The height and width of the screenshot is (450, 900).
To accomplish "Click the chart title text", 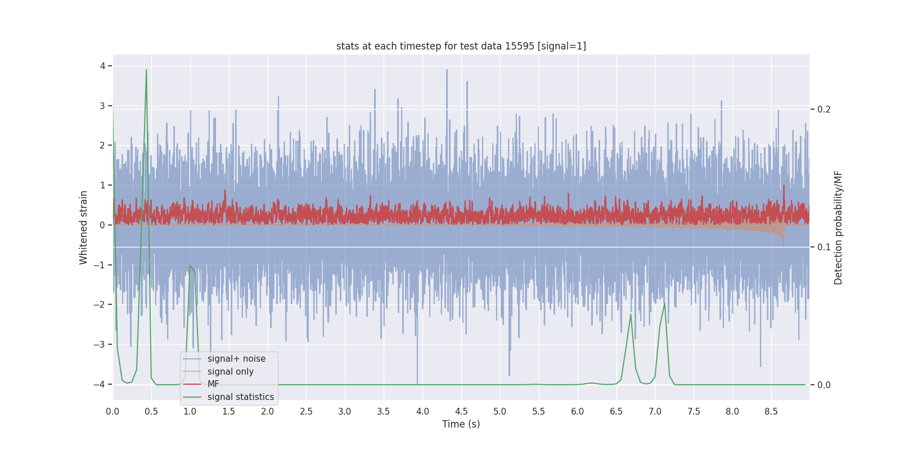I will pyautogui.click(x=461, y=46).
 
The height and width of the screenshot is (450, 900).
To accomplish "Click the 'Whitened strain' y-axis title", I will pyautogui.click(x=84, y=227).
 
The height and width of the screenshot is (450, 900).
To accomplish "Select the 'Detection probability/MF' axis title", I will pyautogui.click(x=838, y=227).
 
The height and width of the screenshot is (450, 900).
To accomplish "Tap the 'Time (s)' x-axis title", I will pyautogui.click(x=461, y=424).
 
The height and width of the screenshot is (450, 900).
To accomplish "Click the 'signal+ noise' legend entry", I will pyautogui.click(x=236, y=359).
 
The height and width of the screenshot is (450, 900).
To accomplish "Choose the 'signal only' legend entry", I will pyautogui.click(x=230, y=372).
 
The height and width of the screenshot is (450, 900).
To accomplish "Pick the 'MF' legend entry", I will pyautogui.click(x=213, y=384).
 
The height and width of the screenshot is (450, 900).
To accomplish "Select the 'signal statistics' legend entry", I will pyautogui.click(x=240, y=397).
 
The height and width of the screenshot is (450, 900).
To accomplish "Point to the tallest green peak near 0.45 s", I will pyautogui.click(x=146, y=71).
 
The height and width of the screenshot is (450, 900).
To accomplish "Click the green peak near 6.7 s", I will pyautogui.click(x=631, y=315).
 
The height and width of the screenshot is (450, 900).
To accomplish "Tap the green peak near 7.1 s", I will pyautogui.click(x=664, y=304).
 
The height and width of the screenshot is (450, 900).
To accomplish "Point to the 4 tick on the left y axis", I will pyautogui.click(x=103, y=66).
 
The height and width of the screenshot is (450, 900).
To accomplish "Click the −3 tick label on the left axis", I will pyautogui.click(x=100, y=344).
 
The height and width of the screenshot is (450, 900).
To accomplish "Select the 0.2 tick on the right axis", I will pyautogui.click(x=824, y=109).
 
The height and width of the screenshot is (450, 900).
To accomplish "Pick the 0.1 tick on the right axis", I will pyautogui.click(x=824, y=247).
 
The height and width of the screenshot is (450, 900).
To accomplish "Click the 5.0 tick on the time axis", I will pyautogui.click(x=499, y=412).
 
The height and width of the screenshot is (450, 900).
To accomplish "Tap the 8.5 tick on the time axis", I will pyautogui.click(x=771, y=412).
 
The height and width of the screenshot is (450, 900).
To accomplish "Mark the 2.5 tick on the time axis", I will pyautogui.click(x=306, y=412).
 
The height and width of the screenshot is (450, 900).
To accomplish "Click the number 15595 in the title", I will pyautogui.click(x=519, y=46).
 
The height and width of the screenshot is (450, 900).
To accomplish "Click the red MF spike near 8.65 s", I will pyautogui.click(x=784, y=187).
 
